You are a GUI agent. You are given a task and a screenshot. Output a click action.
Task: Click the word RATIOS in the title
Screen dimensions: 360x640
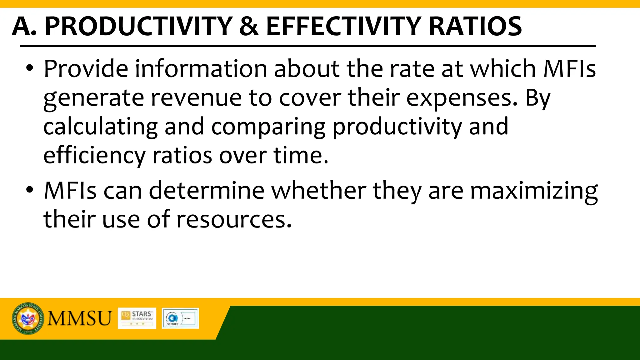[x=475, y=26]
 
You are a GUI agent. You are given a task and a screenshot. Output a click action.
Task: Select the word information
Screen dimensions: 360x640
[x=201, y=68]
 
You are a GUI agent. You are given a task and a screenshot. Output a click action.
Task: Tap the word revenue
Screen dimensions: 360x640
[x=196, y=97]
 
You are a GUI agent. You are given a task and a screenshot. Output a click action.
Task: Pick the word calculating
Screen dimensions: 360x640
[x=100, y=127]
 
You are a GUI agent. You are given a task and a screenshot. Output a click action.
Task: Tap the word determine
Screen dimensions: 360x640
[x=207, y=190]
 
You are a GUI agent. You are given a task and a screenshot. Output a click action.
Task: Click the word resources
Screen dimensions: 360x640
[x=234, y=219]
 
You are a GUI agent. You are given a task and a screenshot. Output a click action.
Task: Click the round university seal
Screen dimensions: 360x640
[x=28, y=318]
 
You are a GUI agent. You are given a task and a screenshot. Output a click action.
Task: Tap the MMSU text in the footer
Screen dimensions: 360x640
[x=79, y=318]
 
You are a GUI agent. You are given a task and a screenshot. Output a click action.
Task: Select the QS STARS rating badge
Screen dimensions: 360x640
[x=137, y=318]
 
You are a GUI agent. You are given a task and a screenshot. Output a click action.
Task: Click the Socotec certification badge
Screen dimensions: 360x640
[x=180, y=318]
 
